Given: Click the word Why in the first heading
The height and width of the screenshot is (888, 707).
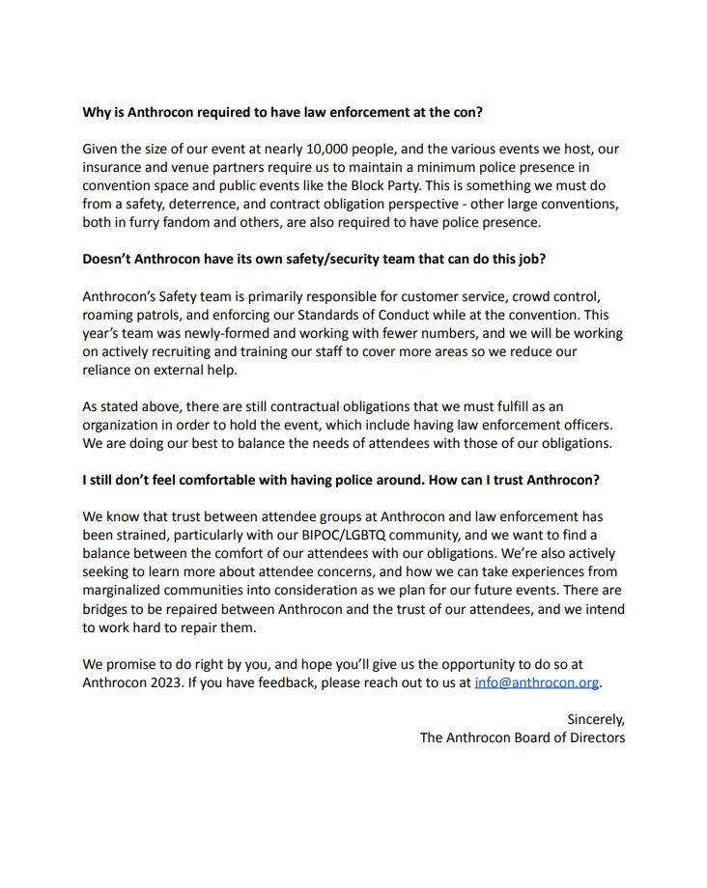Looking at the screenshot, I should click(98, 112).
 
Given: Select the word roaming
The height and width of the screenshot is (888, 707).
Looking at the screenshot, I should click(111, 315).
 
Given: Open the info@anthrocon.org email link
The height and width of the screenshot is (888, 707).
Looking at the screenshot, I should click(536, 682).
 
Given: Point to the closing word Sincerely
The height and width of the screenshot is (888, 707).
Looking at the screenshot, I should click(595, 719).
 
